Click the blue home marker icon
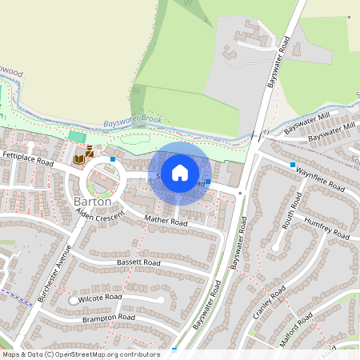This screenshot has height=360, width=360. tap(180, 173)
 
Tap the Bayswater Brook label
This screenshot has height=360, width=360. tap(133, 122)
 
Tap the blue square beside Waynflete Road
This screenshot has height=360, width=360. tap(293, 166)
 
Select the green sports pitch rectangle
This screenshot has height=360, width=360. tap(78, 138)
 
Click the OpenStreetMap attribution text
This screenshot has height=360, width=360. tap(80, 354)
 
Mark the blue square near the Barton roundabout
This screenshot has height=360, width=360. tap(114, 159)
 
